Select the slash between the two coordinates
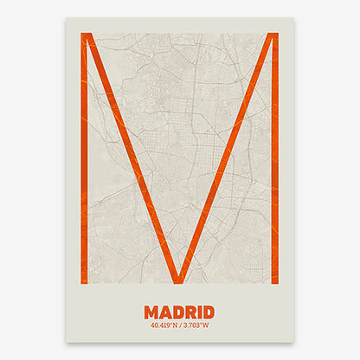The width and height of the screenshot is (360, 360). tap(180, 326)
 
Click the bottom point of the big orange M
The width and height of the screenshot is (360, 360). tap(179, 281)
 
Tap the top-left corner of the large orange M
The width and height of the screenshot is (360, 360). tap(82, 34)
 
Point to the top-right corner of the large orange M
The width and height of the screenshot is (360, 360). tap(277, 34)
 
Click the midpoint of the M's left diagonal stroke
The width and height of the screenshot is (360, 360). tap(132, 157)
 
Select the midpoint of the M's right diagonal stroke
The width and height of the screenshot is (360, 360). tap(228, 157)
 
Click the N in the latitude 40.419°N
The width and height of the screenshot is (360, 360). tap(176, 326)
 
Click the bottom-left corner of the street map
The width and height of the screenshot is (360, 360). tap(80, 284)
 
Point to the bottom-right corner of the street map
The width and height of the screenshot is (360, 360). tap(278, 284)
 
